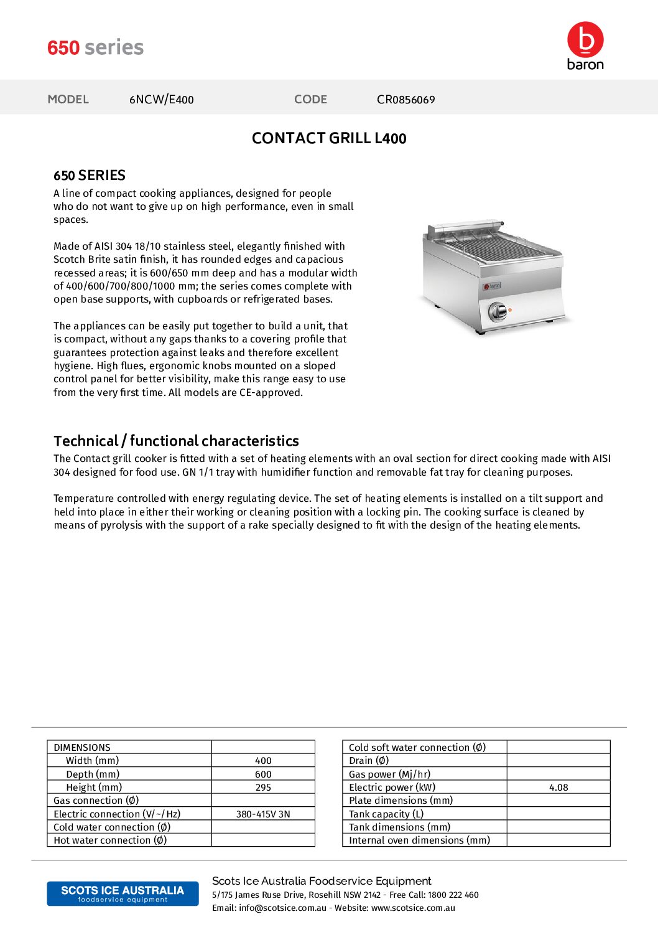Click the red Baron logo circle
[x=585, y=39]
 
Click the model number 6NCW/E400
[x=161, y=100]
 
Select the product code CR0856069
[x=405, y=100]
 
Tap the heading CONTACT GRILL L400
[x=329, y=138]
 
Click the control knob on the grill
[x=497, y=310]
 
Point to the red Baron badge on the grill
[x=492, y=286]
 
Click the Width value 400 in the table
[x=263, y=761]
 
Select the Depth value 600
[x=263, y=774]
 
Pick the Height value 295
[x=263, y=788]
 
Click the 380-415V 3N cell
[x=263, y=814]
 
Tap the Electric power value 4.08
[x=558, y=788]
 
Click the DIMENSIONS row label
[x=82, y=748]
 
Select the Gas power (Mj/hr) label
[x=389, y=774]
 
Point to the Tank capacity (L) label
[x=386, y=814]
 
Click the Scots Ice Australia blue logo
[x=123, y=893]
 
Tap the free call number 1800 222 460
[x=453, y=895]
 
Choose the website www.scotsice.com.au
[x=413, y=908]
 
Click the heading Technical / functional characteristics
[x=176, y=441]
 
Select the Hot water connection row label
[x=110, y=840]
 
